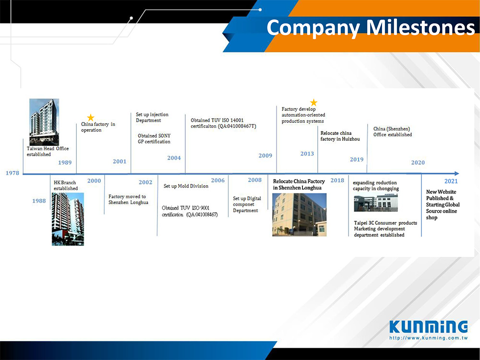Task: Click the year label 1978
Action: coord(12,173)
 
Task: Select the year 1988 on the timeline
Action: coord(39,201)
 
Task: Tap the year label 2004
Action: coord(174,158)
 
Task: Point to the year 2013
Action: coord(307,154)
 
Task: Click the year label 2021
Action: coord(451,181)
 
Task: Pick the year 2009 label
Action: coord(265,156)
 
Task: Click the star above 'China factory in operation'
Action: coord(91,118)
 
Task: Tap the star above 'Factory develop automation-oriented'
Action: coord(314,102)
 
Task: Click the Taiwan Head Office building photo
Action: coord(44,122)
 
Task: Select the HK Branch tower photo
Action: coord(68,219)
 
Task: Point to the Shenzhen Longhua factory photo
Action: coord(300,215)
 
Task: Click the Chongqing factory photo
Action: coord(376,203)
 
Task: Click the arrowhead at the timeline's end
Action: coord(457,174)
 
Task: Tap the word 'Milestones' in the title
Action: coord(420,27)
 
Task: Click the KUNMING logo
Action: coord(429,327)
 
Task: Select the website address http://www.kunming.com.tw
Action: coord(429,338)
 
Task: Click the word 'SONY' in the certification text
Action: coord(165,136)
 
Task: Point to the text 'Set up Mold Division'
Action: coord(186,186)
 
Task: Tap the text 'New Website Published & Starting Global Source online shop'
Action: coord(443,204)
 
